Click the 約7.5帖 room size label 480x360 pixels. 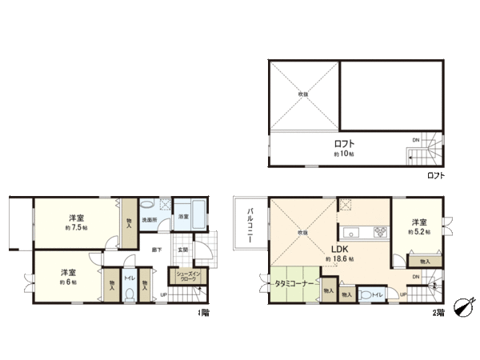pos(78,228)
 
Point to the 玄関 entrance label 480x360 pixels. pos(182,250)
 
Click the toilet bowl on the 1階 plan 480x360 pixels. pos(129,293)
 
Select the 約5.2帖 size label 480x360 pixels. pos(419,232)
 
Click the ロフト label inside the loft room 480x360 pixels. pos(345,145)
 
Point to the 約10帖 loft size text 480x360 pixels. pos(345,154)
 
